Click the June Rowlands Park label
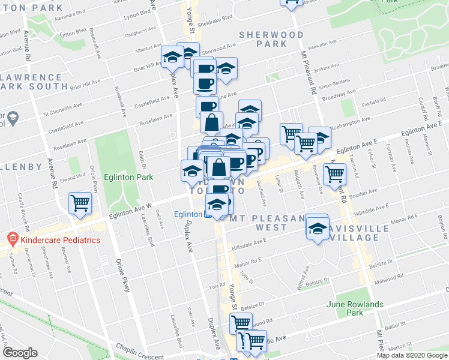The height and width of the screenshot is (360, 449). tap(355, 308)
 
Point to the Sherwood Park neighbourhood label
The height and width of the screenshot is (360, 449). tap(271, 40)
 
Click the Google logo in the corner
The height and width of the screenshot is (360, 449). tap(20, 353)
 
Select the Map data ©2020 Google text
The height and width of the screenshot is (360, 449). tap(412, 355)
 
